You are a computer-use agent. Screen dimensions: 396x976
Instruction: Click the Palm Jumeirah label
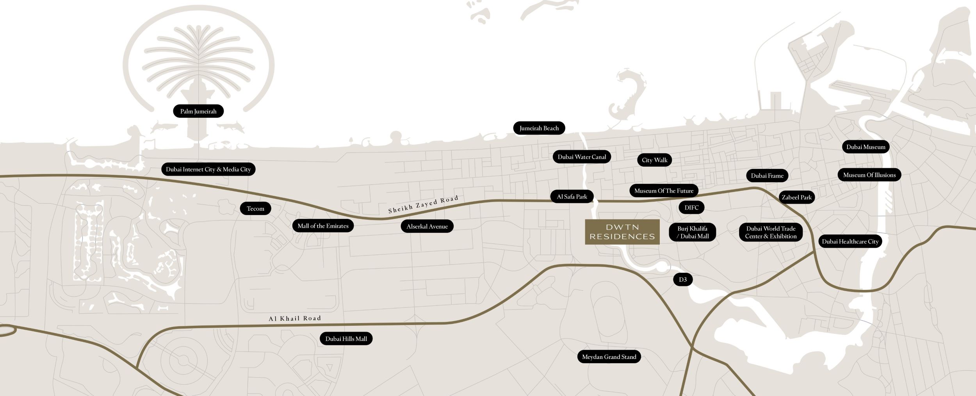[x=198, y=111]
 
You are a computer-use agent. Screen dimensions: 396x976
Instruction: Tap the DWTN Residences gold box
[x=622, y=232]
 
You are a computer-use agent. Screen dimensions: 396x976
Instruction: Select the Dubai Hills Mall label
[x=346, y=339]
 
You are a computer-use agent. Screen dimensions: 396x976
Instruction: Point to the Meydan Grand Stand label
[x=609, y=357]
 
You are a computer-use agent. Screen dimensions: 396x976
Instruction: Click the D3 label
[x=683, y=279]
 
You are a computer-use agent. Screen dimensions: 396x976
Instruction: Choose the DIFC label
[x=691, y=208]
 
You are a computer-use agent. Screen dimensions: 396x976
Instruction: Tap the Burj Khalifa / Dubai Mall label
[x=692, y=232]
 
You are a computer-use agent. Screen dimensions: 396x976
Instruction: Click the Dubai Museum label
[x=866, y=147]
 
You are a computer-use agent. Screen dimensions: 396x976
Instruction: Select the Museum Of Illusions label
[x=869, y=175]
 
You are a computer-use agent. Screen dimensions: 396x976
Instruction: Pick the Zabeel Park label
[x=796, y=197]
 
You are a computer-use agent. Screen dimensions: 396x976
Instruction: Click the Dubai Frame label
[x=767, y=176]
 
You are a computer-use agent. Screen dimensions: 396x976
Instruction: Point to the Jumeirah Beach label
[x=539, y=128]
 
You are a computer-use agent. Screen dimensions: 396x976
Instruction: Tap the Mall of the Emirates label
[x=323, y=226]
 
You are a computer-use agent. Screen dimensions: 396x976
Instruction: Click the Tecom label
[x=255, y=208]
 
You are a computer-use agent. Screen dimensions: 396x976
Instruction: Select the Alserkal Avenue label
[x=427, y=226]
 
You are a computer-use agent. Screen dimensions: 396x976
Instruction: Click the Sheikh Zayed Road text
[x=423, y=205]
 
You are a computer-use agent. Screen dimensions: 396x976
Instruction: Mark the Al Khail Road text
[x=295, y=318]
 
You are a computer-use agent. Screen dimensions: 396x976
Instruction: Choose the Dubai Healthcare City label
[x=850, y=242]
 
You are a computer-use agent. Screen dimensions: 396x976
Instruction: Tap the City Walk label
[x=654, y=160]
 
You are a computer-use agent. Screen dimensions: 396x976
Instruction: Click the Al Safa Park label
[x=572, y=197]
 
